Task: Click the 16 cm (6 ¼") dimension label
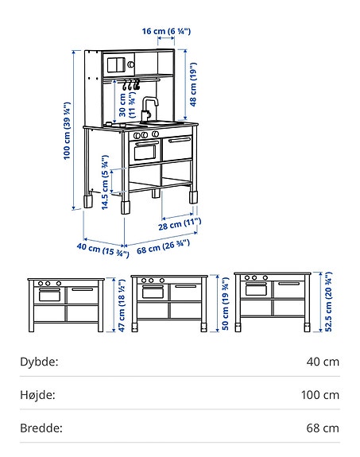click(x=168, y=31)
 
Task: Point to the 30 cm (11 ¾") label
click(x=126, y=107)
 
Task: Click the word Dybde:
click(x=39, y=362)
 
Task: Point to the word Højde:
click(x=38, y=394)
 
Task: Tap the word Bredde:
click(x=41, y=428)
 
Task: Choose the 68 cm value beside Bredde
click(x=323, y=428)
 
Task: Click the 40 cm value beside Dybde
click(x=323, y=362)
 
